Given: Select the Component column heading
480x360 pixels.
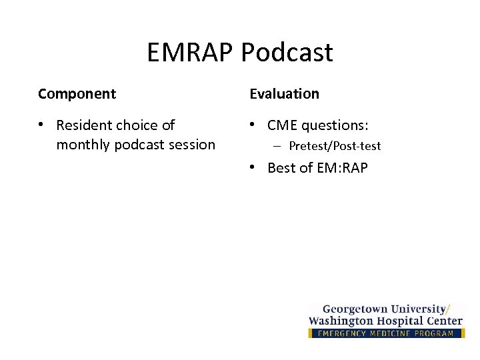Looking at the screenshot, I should tap(77, 94).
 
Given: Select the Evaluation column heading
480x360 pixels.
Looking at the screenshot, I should tap(285, 94).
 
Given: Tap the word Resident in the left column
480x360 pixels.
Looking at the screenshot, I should tap(84, 125).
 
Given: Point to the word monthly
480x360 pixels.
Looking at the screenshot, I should tap(83, 144).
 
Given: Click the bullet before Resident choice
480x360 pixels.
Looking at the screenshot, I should tap(41, 125).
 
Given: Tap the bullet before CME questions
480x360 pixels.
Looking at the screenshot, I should tap(253, 125).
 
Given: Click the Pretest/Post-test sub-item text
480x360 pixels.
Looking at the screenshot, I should tap(335, 146).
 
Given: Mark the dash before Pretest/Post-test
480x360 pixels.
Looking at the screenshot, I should tap(275, 146).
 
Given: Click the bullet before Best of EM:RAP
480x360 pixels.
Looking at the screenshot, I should tap(253, 167).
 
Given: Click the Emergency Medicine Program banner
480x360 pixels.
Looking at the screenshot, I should tap(386, 333).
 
